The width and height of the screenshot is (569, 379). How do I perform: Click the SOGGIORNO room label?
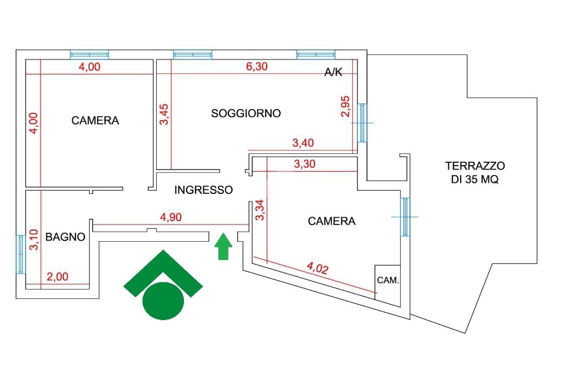click(246, 113)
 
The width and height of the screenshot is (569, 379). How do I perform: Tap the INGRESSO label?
click(203, 190)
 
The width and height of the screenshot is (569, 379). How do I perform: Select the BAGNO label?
click(66, 237)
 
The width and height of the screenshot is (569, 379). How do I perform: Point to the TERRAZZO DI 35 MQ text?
click(475, 172)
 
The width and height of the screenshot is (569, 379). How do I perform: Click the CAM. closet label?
click(388, 280)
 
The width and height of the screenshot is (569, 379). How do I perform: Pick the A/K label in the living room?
click(333, 72)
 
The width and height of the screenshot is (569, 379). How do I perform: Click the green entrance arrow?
click(223, 247)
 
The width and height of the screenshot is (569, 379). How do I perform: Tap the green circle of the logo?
click(163, 301)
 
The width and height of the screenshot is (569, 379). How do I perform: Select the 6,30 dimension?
click(257, 67)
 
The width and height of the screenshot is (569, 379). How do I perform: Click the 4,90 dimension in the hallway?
click(171, 217)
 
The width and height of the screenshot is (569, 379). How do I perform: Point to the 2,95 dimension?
click(346, 106)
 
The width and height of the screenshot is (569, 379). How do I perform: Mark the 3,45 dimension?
click(164, 114)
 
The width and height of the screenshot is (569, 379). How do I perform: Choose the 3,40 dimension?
click(303, 143)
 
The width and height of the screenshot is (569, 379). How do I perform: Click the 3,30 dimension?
click(305, 164)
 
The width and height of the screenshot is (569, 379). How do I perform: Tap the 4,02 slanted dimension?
click(317, 268)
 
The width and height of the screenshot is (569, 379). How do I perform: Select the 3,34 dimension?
click(260, 210)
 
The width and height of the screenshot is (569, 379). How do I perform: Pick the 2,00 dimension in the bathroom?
click(57, 277)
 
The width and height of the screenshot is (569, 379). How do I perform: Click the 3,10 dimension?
click(33, 240)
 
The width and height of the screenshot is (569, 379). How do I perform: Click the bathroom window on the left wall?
click(21, 254)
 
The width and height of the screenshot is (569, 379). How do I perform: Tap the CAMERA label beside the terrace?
click(332, 221)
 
